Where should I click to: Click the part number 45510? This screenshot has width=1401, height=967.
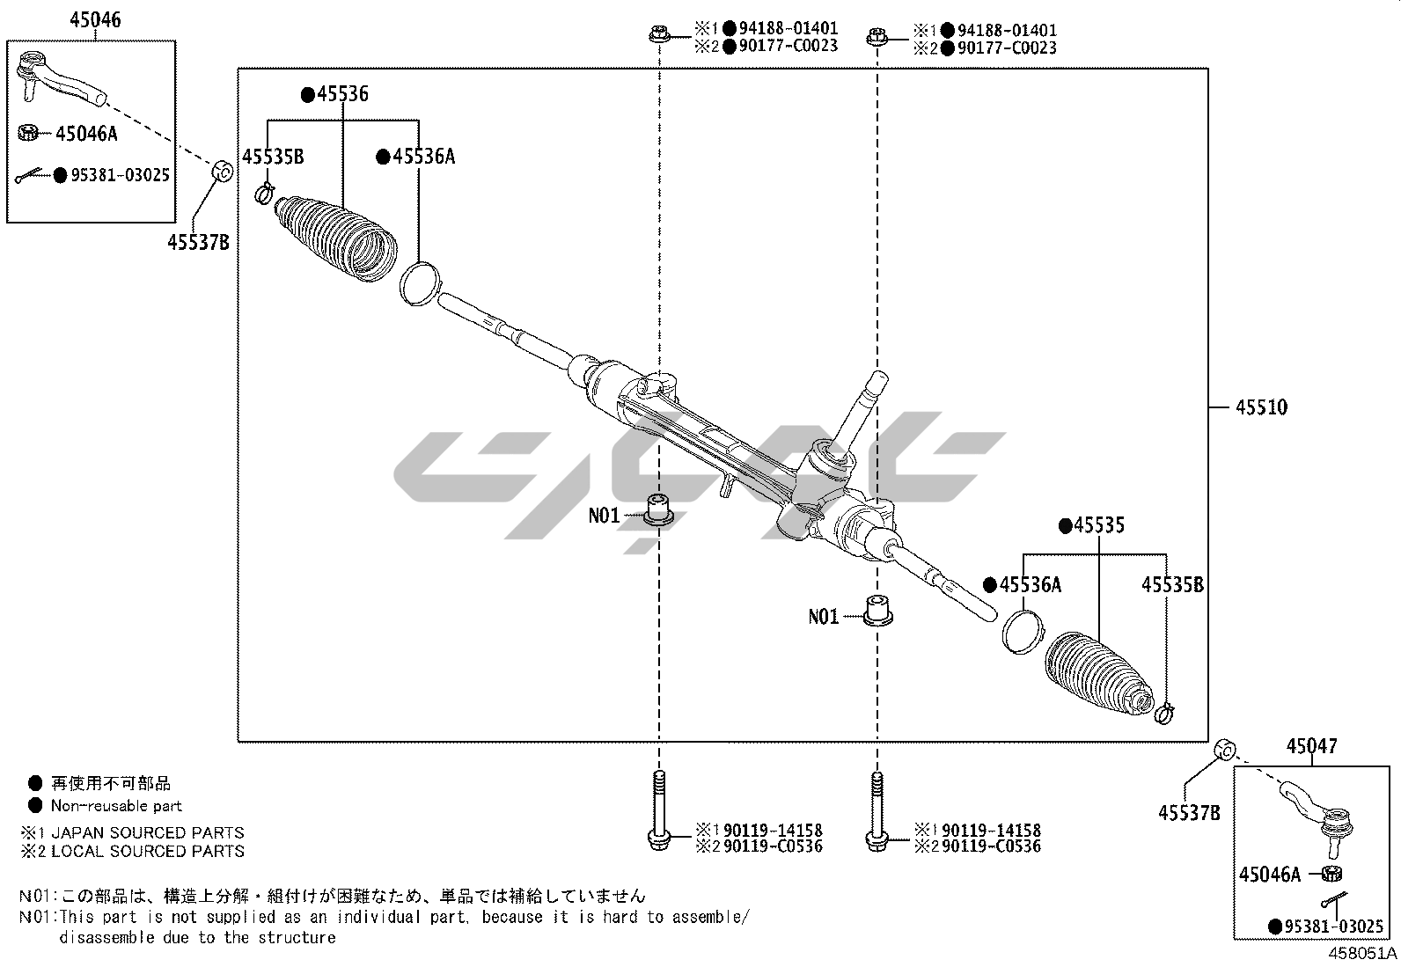(x=1261, y=407)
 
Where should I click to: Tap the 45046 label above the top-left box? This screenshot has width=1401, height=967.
(x=95, y=20)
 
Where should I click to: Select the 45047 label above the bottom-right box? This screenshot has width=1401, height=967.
(x=1311, y=747)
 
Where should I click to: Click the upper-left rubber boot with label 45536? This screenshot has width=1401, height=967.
(x=336, y=240)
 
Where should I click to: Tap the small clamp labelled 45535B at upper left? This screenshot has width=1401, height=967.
(x=263, y=193)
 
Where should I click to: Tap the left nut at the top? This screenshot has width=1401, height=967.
(x=657, y=35)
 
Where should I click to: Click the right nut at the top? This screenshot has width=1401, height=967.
(x=876, y=36)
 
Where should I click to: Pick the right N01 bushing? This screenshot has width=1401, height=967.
(x=876, y=611)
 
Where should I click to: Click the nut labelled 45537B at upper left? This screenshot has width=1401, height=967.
(x=223, y=170)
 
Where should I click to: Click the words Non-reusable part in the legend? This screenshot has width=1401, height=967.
(x=116, y=806)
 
